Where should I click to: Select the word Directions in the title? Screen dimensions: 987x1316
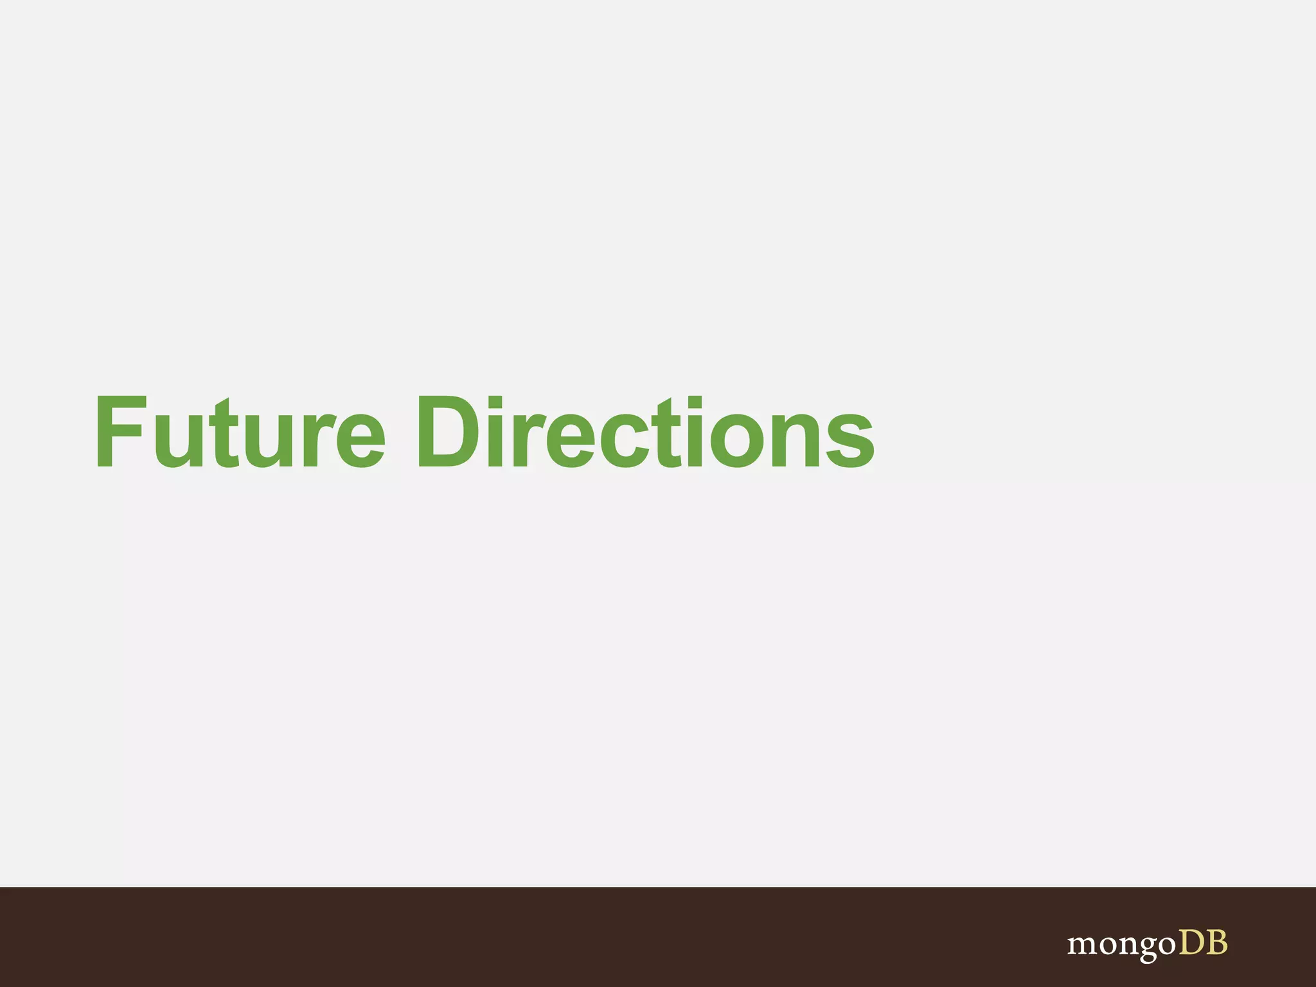(645, 432)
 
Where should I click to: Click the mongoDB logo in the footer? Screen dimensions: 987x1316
(1147, 944)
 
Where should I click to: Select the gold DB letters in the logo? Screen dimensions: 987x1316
(1203, 943)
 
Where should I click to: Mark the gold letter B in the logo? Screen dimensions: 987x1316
(1216, 943)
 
